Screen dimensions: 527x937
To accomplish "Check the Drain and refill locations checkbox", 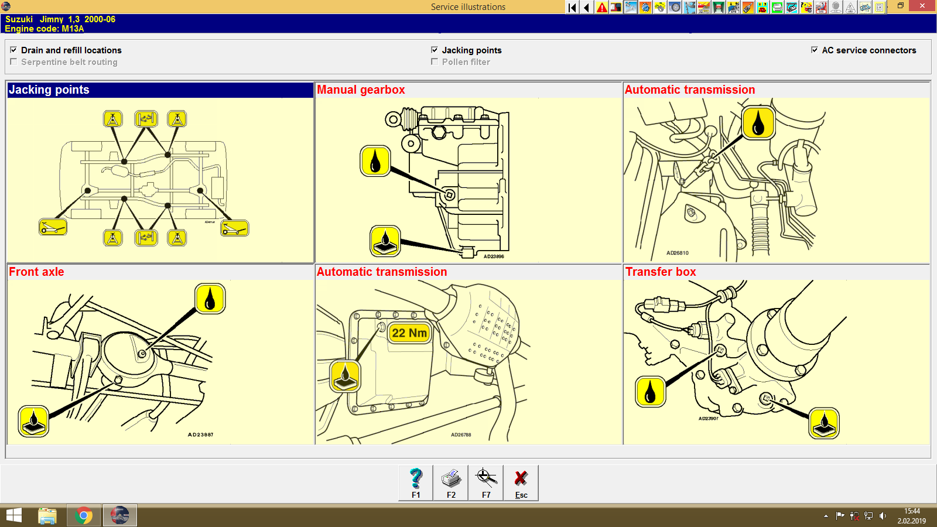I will click(x=13, y=50).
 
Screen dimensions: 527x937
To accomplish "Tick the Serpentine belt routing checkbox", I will click(x=13, y=62).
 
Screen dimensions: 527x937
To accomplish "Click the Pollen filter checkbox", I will click(x=435, y=62).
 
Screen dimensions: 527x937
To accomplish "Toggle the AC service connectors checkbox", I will click(x=815, y=50).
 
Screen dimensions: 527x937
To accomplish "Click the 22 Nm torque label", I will click(x=409, y=333).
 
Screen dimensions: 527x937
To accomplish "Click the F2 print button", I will click(x=451, y=483).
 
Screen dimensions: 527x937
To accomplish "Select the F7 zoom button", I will click(x=486, y=483).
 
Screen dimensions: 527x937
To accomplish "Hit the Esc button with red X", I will click(x=521, y=483).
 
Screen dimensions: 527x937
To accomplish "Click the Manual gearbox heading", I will click(x=361, y=90).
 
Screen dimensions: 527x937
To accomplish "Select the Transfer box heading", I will click(x=661, y=272).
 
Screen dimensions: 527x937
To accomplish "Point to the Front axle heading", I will click(x=36, y=272).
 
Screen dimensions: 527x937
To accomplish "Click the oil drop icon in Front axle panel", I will click(x=210, y=299).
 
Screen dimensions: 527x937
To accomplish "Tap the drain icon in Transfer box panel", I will click(x=824, y=423).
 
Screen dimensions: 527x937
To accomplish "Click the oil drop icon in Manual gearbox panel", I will click(x=375, y=161).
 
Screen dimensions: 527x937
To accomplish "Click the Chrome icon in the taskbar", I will click(x=84, y=516).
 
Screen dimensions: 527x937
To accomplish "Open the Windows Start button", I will click(x=13, y=516).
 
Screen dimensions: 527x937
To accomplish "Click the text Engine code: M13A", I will click(x=45, y=29).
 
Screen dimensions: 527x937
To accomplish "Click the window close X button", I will click(x=922, y=6).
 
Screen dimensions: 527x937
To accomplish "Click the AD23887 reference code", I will click(x=200, y=434).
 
